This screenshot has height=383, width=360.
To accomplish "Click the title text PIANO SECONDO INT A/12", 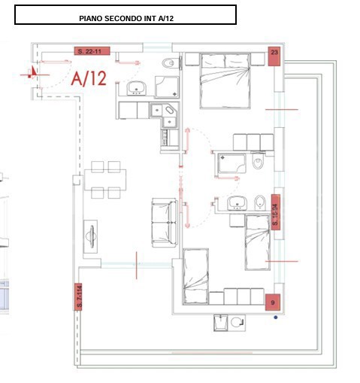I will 126,15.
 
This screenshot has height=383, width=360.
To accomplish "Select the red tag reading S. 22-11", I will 93,51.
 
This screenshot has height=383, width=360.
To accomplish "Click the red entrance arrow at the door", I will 32,72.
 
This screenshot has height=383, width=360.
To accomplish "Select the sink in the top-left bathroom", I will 137,88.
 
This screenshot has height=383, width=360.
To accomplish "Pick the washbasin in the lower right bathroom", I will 237,202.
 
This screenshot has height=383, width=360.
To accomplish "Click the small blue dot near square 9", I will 276,317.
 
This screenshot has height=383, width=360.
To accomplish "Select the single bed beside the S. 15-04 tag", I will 257,241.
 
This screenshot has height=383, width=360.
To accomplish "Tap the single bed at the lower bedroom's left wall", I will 195,275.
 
